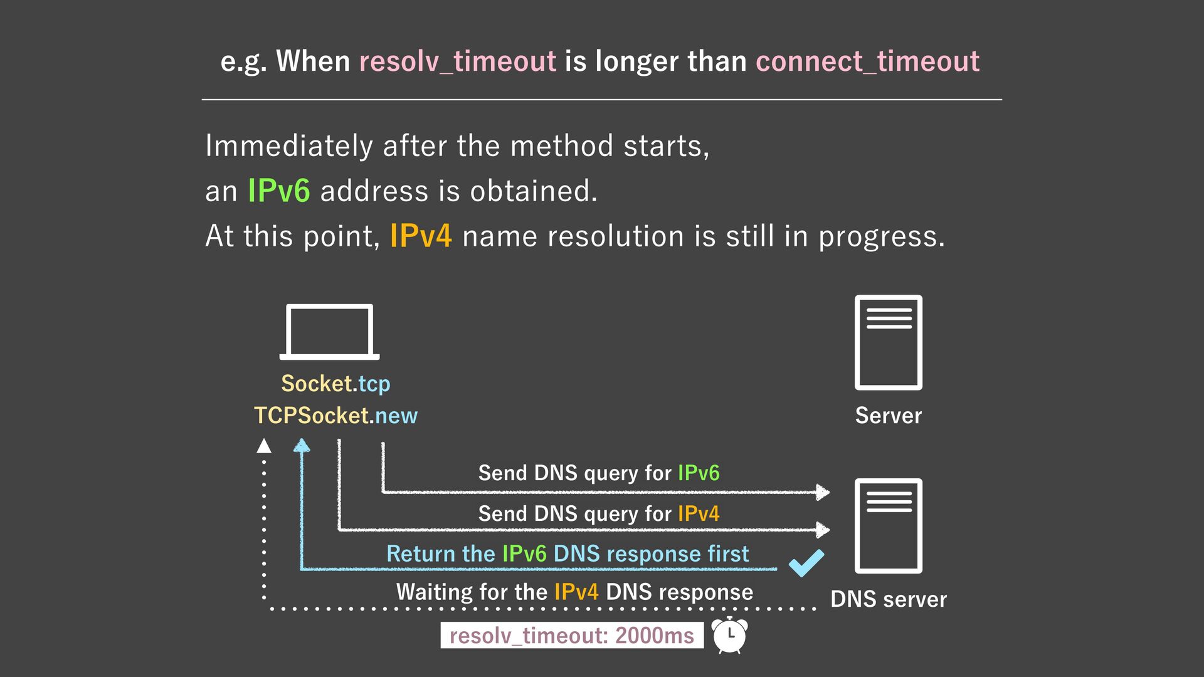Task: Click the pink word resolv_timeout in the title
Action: click(457, 61)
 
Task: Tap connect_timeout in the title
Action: click(867, 61)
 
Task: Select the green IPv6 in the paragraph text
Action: click(278, 191)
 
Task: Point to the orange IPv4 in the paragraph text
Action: click(420, 236)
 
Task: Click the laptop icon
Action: click(329, 332)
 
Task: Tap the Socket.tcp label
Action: click(335, 384)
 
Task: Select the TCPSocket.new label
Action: click(335, 416)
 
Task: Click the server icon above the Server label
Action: click(888, 342)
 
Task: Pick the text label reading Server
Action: click(888, 416)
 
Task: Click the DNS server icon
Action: click(888, 526)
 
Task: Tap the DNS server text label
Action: click(888, 599)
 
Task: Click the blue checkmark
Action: click(806, 562)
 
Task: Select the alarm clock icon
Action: click(730, 635)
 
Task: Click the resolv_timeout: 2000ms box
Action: click(571, 636)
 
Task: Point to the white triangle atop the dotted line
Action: click(264, 446)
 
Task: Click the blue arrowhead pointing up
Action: click(302, 446)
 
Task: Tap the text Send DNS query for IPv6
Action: click(598, 473)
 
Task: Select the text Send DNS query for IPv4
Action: click(598, 513)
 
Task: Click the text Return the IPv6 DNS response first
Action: click(568, 554)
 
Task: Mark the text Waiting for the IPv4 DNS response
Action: click(574, 592)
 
